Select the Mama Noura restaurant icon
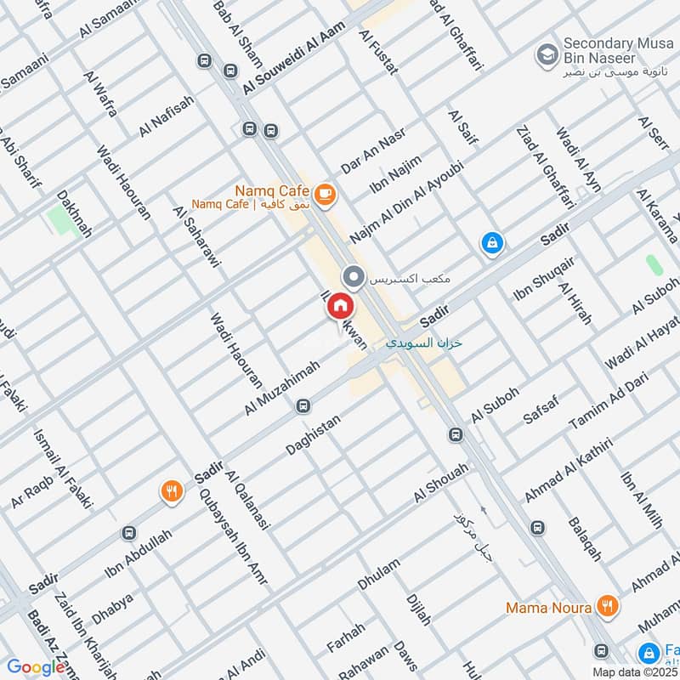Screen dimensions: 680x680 pos(607,606)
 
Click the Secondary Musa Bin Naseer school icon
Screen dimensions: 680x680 pos(546,56)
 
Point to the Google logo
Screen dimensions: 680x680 pos(35,667)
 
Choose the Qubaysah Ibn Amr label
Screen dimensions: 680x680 pos(232,536)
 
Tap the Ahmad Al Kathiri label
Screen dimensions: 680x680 pos(569,470)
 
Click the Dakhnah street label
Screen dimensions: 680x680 pos(74,213)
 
